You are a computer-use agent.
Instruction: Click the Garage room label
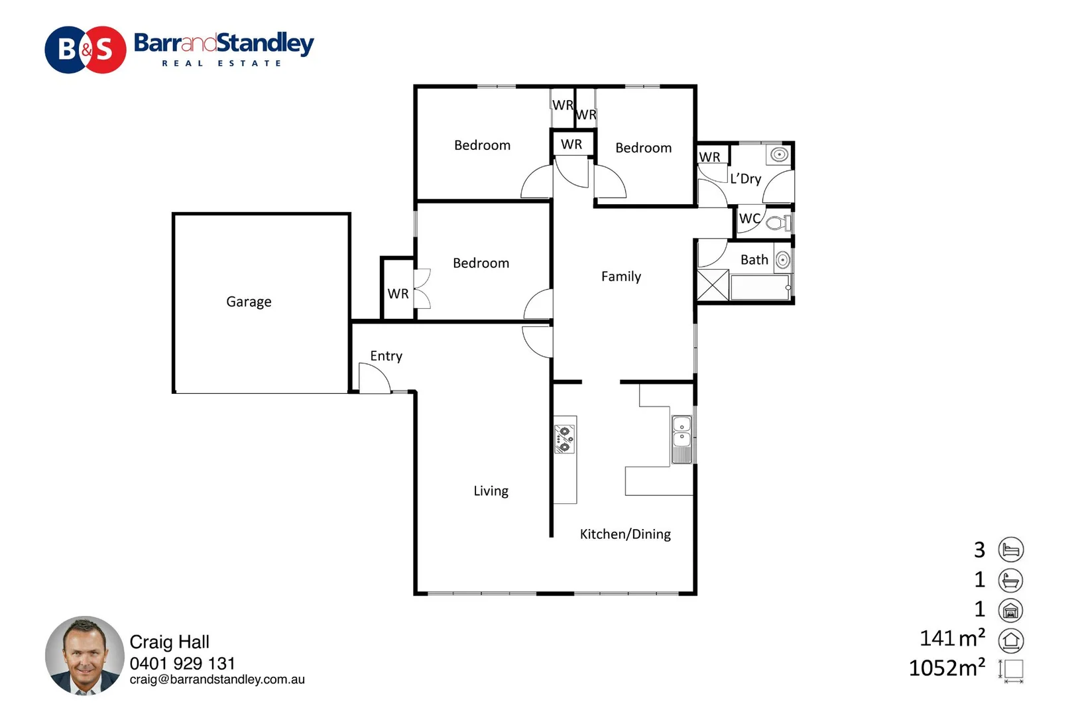click(x=249, y=302)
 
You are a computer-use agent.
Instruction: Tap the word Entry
click(x=386, y=356)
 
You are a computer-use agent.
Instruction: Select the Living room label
click(x=491, y=491)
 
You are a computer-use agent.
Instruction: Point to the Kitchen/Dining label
click(x=625, y=534)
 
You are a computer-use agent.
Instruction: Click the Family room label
click(x=621, y=276)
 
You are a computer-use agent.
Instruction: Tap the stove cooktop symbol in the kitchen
click(x=565, y=439)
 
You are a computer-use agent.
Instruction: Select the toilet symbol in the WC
click(x=777, y=223)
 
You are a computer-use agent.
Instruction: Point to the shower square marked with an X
click(x=713, y=285)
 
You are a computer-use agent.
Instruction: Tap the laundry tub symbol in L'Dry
click(x=779, y=155)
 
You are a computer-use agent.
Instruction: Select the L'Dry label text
click(x=745, y=179)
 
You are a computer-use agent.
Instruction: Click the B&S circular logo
click(x=86, y=50)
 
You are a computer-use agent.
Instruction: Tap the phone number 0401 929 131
click(x=182, y=664)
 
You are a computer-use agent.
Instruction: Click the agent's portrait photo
click(x=85, y=656)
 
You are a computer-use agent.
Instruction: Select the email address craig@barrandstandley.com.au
click(x=217, y=680)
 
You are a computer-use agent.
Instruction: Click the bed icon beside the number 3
click(x=1010, y=550)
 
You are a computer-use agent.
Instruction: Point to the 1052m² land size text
click(x=947, y=668)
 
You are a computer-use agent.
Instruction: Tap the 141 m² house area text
click(x=952, y=638)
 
